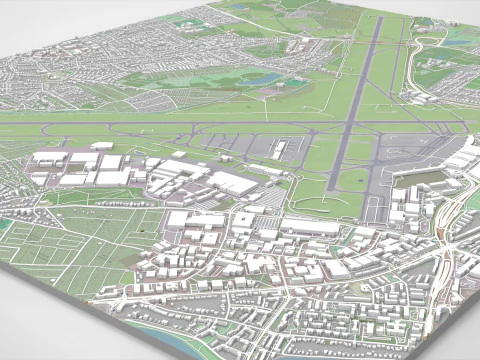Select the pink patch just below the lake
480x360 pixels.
262,92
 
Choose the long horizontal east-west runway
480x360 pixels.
200,128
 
